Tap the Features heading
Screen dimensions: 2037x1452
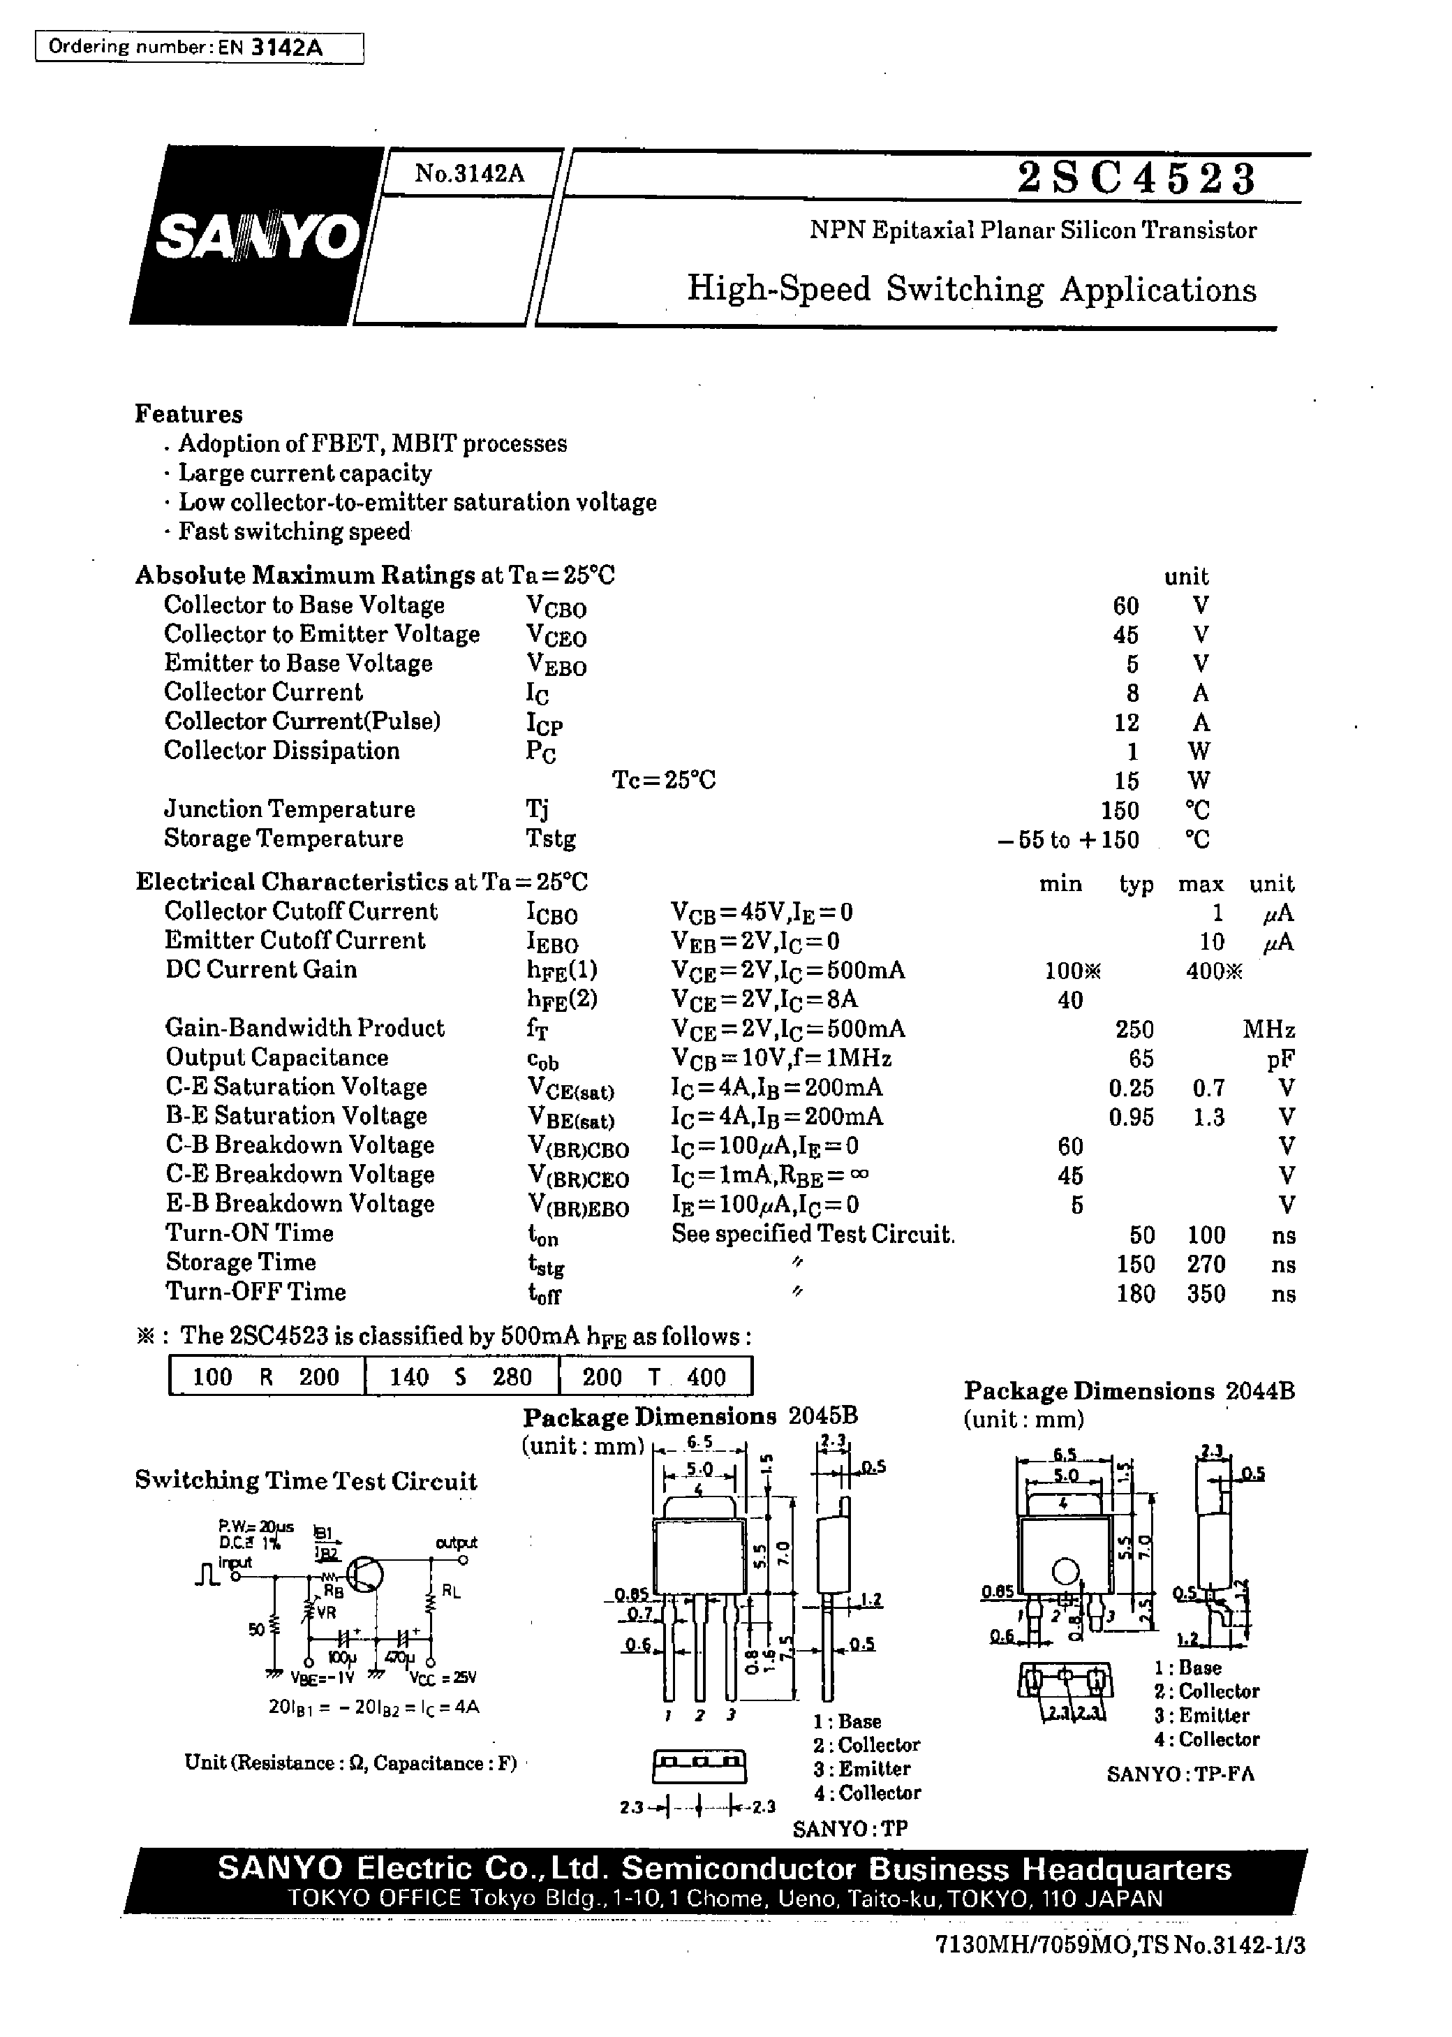188,414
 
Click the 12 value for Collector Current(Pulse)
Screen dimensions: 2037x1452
1126,723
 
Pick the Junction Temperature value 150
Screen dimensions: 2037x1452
1120,811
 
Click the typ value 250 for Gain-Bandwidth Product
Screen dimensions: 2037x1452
1134,1029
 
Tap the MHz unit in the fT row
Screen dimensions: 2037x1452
1268,1030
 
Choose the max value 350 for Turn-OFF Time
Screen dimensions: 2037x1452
1206,1294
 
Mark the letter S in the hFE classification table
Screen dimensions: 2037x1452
461,1377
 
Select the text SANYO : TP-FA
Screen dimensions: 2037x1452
1180,1775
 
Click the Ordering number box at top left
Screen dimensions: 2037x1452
198,47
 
